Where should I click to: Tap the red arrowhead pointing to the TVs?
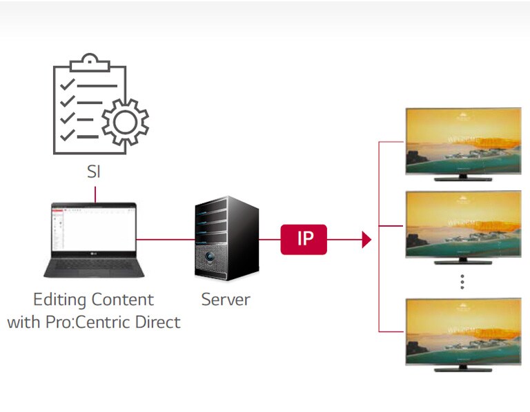[366, 240]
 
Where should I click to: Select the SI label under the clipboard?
[94, 172]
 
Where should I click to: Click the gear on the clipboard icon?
[125, 122]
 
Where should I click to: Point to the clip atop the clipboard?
[90, 62]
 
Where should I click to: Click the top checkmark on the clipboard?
[68, 85]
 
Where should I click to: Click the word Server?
[226, 300]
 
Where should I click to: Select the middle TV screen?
[462, 221]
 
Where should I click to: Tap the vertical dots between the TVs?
[462, 280]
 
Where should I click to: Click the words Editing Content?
[94, 300]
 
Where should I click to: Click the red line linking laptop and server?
[163, 240]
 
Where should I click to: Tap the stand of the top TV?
[462, 177]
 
